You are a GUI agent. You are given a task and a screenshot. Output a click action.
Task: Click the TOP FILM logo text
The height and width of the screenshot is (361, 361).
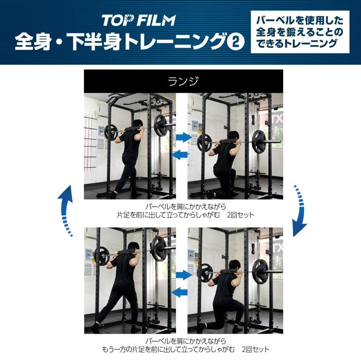click(138, 20)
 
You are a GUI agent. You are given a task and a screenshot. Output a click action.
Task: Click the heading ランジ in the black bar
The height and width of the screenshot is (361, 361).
click(183, 81)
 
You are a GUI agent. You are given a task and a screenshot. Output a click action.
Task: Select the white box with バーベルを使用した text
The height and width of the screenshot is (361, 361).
click(300, 32)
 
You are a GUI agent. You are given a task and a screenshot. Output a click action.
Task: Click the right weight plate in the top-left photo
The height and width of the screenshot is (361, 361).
click(161, 126)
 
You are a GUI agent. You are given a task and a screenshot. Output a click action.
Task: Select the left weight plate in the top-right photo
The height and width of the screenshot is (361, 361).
click(204, 142)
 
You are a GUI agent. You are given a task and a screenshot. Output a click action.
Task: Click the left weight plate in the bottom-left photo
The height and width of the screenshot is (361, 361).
click(101, 256)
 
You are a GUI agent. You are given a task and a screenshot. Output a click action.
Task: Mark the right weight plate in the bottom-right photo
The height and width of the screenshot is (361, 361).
click(261, 271)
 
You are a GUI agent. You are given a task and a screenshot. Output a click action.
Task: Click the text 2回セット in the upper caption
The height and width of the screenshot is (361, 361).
click(240, 215)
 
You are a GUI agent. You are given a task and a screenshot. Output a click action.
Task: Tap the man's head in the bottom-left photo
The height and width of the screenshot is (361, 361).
click(134, 247)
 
